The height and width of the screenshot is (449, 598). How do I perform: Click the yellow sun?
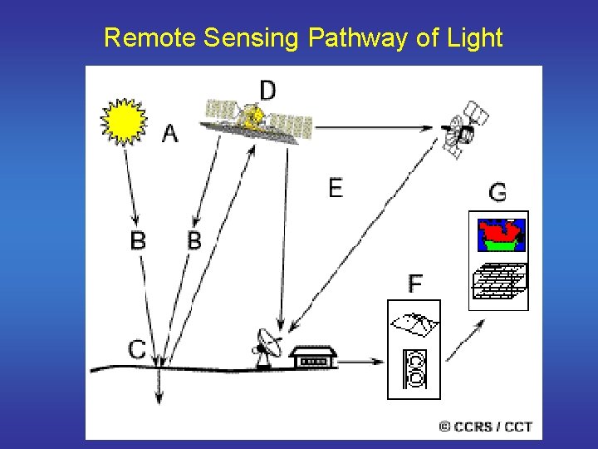point(123,121)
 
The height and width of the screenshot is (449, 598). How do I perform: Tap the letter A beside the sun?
point(169,133)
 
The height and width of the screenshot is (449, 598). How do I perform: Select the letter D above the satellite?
point(267,90)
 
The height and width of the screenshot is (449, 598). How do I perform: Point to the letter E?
point(335,189)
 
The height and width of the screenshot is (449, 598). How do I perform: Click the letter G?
point(498,193)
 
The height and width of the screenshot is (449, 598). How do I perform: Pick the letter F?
point(414,284)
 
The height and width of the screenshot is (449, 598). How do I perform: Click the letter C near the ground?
point(138,349)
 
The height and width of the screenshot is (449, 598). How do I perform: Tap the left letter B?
point(139,241)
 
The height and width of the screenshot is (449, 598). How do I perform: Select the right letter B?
point(194,241)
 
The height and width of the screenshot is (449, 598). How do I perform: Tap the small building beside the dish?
point(313,358)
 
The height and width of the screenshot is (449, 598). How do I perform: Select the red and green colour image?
point(501,236)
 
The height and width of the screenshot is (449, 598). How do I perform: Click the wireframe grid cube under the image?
point(498,280)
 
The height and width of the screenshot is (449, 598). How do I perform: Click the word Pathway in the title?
point(355,37)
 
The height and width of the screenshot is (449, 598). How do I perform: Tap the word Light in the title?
point(473,37)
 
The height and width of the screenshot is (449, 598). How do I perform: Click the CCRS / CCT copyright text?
point(485,427)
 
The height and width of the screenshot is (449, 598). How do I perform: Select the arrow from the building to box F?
point(362,362)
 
